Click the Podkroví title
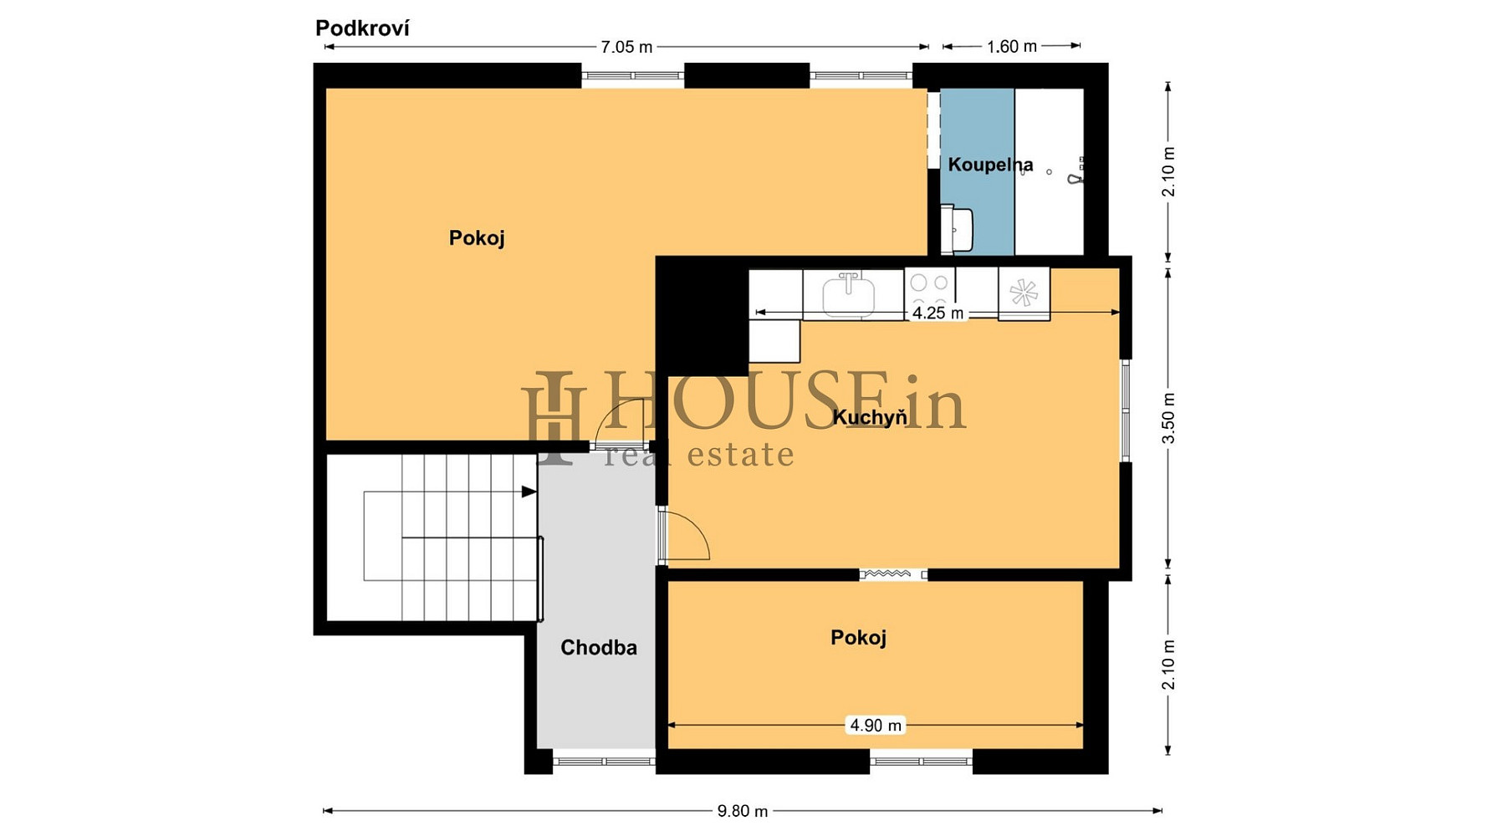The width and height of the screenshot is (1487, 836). pyautogui.click(x=362, y=28)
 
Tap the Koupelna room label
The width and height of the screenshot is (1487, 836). pyautogui.click(x=990, y=165)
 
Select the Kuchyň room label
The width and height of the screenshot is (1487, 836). pyautogui.click(x=869, y=417)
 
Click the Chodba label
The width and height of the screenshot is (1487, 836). pyautogui.click(x=599, y=648)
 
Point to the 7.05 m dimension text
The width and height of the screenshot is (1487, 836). pyautogui.click(x=626, y=47)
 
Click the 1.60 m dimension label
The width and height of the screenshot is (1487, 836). pyautogui.click(x=1011, y=47)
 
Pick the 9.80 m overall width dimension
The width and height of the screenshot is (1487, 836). pyautogui.click(x=743, y=811)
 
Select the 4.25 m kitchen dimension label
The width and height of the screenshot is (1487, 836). pyautogui.click(x=938, y=313)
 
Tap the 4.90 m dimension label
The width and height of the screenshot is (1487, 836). pyautogui.click(x=876, y=726)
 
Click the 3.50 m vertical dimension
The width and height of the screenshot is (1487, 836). pyautogui.click(x=1169, y=418)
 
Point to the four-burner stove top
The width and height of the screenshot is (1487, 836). pyautogui.click(x=930, y=292)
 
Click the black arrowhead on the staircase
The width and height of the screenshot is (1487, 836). pyautogui.click(x=529, y=492)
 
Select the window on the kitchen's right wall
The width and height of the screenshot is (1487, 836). pyautogui.click(x=1126, y=410)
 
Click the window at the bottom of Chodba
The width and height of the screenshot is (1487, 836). pyautogui.click(x=603, y=762)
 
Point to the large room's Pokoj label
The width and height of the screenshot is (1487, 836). pyautogui.click(x=477, y=238)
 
